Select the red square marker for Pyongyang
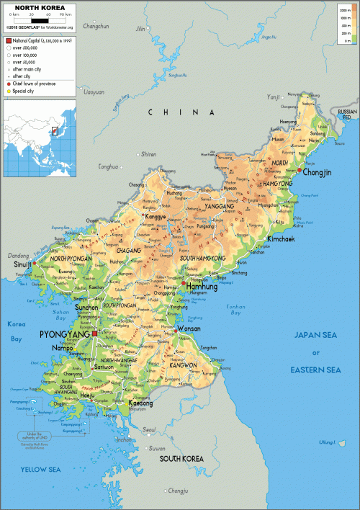click(x=94, y=334)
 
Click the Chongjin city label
click(x=318, y=173)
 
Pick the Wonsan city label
click(x=188, y=328)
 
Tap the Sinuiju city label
click(x=21, y=265)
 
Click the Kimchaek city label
click(x=281, y=238)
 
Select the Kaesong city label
click(x=140, y=404)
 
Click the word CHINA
click(x=181, y=112)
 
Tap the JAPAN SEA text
click(x=315, y=335)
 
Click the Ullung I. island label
click(x=328, y=442)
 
